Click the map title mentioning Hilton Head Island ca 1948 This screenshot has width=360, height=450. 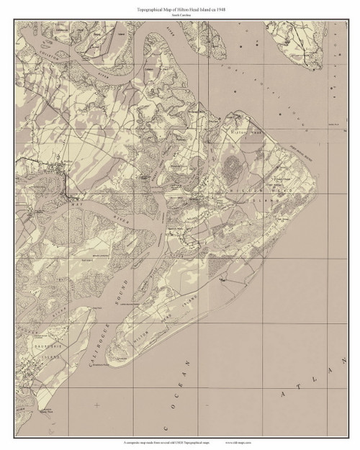coord(180,6)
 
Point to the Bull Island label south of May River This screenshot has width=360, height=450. coord(87,253)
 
